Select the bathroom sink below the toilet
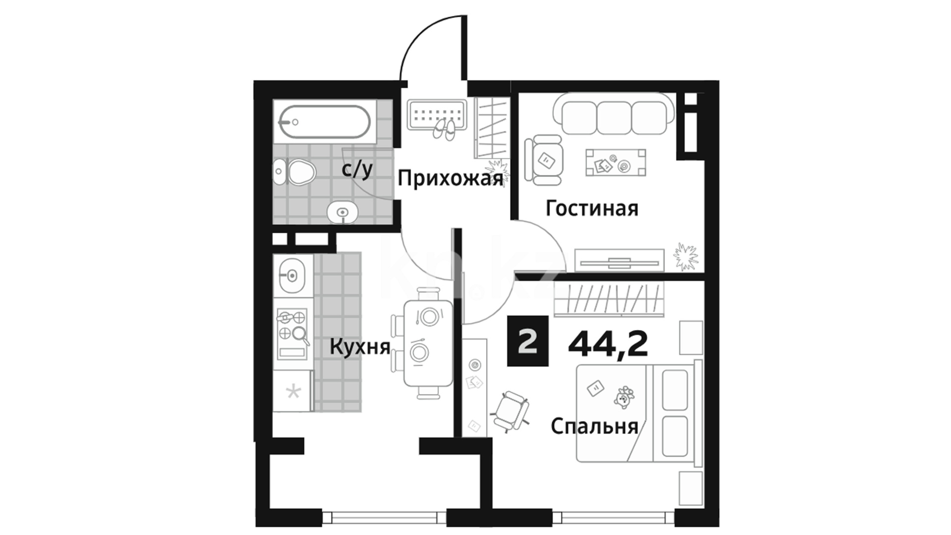pyautogui.click(x=342, y=213)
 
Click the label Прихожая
pyautogui.click(x=450, y=178)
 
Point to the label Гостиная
pyautogui.click(x=592, y=209)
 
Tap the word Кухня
pyautogui.click(x=360, y=347)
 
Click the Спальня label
pyautogui.click(x=594, y=426)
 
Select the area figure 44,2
pyautogui.click(x=608, y=343)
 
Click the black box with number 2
pyautogui.click(x=528, y=341)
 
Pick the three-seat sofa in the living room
pyautogui.click(x=614, y=114)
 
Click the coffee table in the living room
pyautogui.click(x=616, y=162)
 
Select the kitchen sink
pyautogui.click(x=292, y=274)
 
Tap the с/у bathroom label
pyautogui.click(x=357, y=170)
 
